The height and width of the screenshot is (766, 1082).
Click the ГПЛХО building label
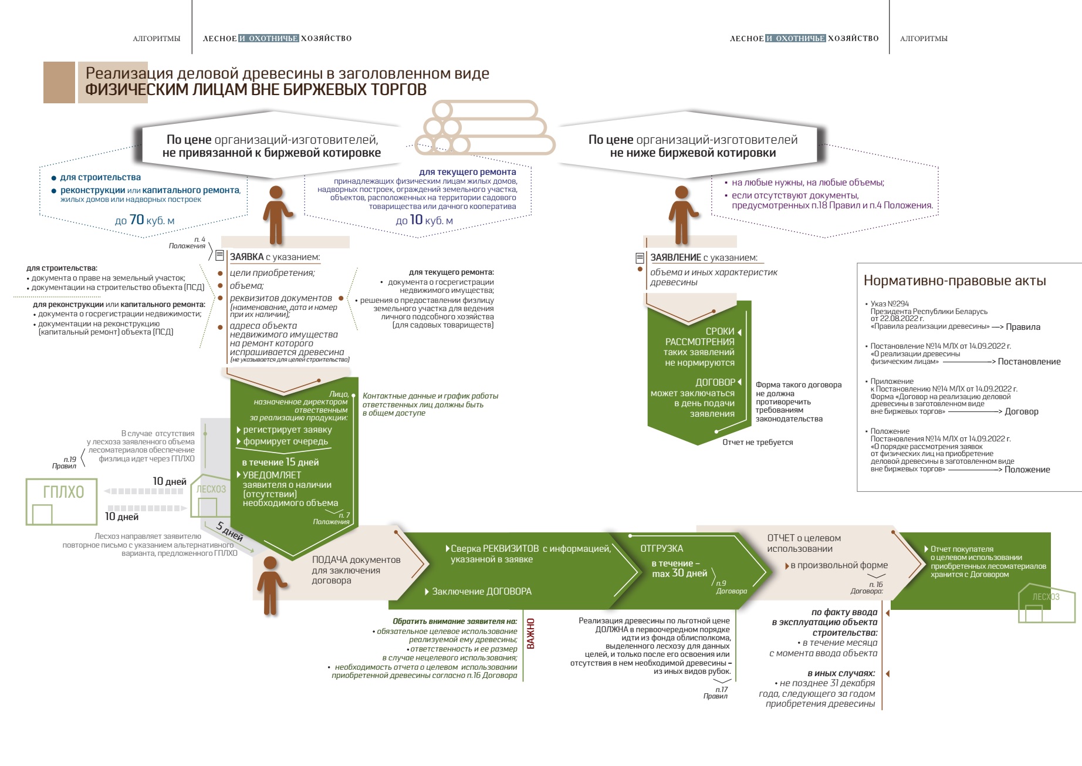pos(63,492)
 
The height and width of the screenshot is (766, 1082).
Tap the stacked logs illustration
pos(485,128)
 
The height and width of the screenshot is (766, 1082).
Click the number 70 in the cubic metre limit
pos(137,220)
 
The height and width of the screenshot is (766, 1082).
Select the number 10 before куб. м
pos(416,220)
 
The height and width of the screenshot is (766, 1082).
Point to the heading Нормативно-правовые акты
pos(955,281)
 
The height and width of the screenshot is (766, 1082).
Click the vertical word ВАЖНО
pos(530,633)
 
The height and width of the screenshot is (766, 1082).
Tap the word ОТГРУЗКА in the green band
pos(661,548)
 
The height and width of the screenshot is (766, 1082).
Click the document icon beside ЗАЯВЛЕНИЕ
pos(640,258)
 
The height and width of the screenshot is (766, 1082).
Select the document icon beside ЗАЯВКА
pos(219,255)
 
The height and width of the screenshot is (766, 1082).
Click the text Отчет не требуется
pos(757,442)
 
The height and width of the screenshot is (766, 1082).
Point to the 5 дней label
pos(229,531)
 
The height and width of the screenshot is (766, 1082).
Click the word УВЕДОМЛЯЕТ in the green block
pos(272,475)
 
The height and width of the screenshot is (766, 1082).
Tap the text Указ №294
pos(890,303)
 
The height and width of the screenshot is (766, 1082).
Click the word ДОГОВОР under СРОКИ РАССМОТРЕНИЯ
pos(715,382)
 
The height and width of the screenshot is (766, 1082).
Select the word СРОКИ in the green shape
pos(719,331)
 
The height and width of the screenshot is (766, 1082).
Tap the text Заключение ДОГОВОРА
pos(481,591)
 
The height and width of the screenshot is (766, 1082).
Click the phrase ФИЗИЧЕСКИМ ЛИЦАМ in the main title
pos(167,90)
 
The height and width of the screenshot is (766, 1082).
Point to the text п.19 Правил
pos(65,463)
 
